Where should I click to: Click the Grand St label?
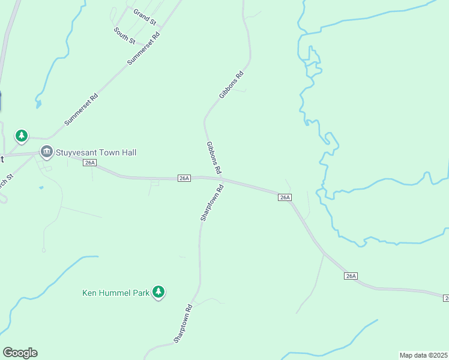pyautogui.click(x=145, y=17)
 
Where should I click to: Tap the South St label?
pyautogui.click(x=125, y=35)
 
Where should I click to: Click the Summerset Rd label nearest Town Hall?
pyautogui.click(x=81, y=109)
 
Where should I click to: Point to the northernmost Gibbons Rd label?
pyautogui.click(x=231, y=85)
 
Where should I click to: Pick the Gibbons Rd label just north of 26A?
pyautogui.click(x=214, y=157)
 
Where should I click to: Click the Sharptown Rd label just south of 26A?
pyautogui.click(x=212, y=203)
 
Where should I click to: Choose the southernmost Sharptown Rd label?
pyautogui.click(x=182, y=324)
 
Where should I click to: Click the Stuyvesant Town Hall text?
pyautogui.click(x=96, y=152)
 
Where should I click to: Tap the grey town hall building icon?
pyautogui.click(x=47, y=152)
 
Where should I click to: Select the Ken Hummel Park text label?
pyautogui.click(x=115, y=293)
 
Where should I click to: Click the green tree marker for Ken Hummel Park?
pyautogui.click(x=158, y=292)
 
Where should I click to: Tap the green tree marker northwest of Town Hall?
pyautogui.click(x=22, y=136)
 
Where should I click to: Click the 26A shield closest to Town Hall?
pyautogui.click(x=90, y=163)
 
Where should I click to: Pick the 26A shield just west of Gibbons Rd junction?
pyautogui.click(x=184, y=178)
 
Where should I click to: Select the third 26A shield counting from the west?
pyautogui.click(x=285, y=197)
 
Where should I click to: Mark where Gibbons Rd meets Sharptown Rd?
pyautogui.click(x=222, y=179)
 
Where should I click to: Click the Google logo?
pyautogui.click(x=20, y=353)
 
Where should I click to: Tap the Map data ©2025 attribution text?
pyautogui.click(x=423, y=355)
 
